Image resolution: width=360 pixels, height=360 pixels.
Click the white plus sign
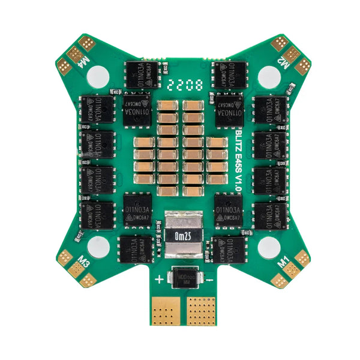click(159, 279)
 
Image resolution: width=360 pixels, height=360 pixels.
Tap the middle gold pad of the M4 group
click(77, 53)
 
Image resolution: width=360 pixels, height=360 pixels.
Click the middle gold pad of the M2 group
click(291, 53)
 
